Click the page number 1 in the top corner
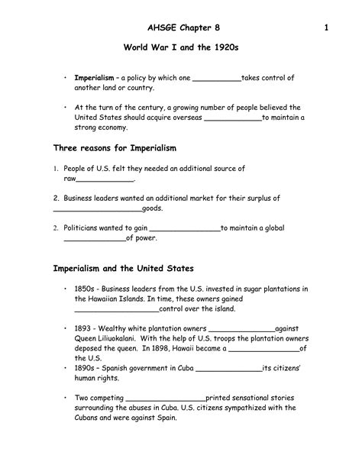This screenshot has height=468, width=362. tap(325, 29)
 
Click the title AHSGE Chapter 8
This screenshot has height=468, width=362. tap(180, 29)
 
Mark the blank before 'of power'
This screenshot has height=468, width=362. tap(93, 238)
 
